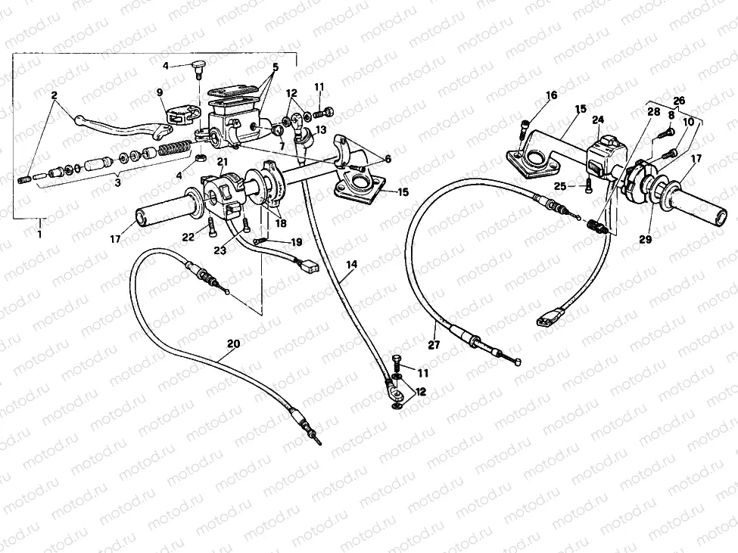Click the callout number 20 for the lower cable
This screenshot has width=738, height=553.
point(233,343)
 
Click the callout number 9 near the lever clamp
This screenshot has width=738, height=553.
point(160,93)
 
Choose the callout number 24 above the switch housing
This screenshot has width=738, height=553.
point(598,119)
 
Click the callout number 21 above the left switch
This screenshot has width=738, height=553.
point(223,162)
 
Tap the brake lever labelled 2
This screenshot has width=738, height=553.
point(114,127)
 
